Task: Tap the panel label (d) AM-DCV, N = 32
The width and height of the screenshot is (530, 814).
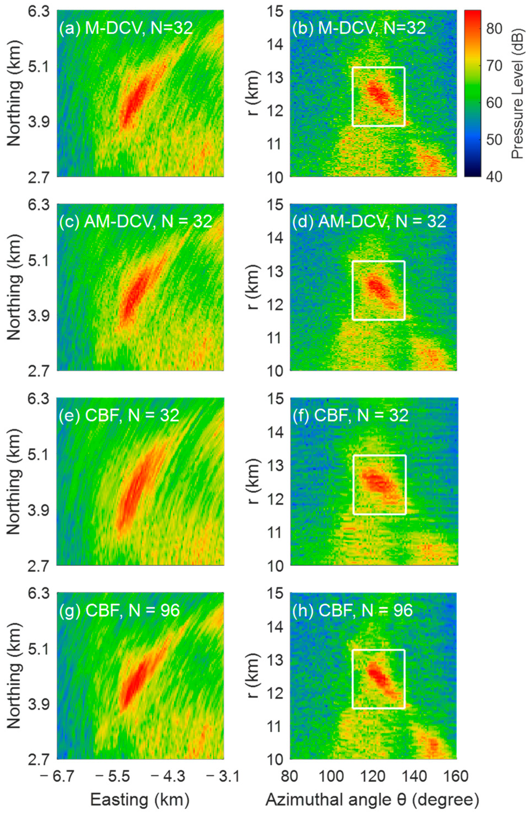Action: [x=369, y=222]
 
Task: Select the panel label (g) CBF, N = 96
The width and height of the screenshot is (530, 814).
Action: [x=119, y=610]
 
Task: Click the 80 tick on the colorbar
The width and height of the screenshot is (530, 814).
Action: [x=494, y=29]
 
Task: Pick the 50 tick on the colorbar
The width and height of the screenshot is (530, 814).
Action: [x=494, y=140]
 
